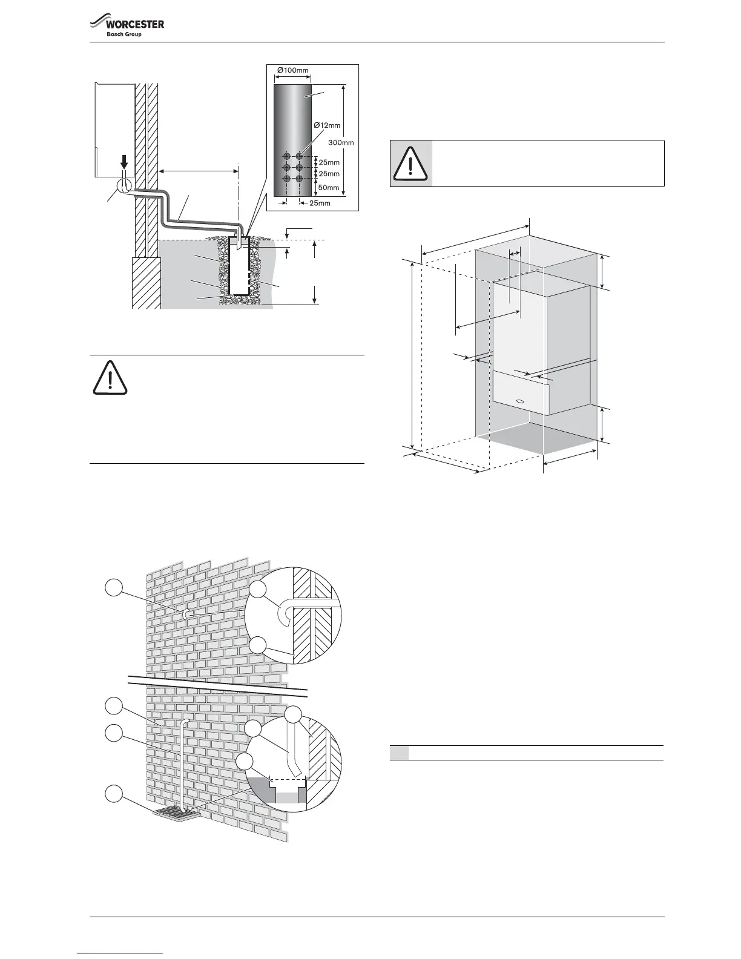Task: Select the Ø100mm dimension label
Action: [x=293, y=70]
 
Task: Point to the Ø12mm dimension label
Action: [x=327, y=125]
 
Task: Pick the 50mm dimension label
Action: [x=329, y=188]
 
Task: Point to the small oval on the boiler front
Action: [x=519, y=401]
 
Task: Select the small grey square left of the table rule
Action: [x=399, y=753]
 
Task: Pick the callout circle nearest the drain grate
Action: [x=113, y=794]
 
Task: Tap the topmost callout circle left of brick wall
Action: [x=113, y=586]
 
